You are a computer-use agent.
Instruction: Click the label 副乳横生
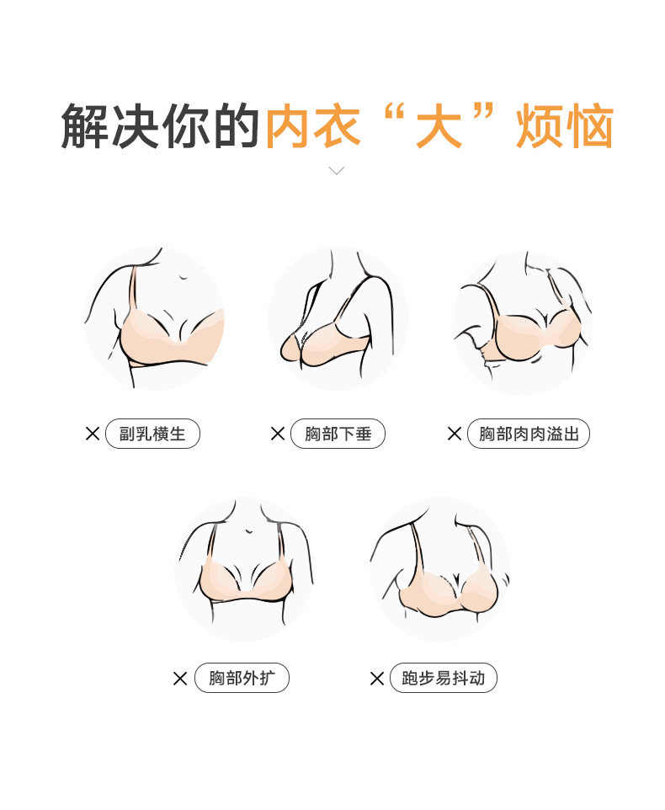point(152,434)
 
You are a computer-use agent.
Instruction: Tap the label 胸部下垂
point(338,434)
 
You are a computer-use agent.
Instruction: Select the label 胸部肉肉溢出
point(528,434)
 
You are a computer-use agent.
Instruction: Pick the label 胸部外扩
point(242,678)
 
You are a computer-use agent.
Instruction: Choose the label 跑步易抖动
point(443,678)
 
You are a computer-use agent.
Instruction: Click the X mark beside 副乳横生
point(93,434)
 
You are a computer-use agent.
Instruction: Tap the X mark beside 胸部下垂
point(278,434)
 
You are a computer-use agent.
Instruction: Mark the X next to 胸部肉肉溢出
point(455,434)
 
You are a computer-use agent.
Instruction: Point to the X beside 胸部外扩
point(180,679)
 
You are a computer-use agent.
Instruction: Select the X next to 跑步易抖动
point(377,679)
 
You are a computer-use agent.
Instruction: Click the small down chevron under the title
point(336,170)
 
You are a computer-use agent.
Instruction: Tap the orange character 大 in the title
point(439,126)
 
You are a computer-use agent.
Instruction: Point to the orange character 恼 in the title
point(589,126)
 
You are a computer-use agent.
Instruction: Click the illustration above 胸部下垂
point(338,318)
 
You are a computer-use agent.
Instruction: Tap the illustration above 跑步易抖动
point(440,569)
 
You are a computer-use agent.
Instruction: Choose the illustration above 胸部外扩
point(245,569)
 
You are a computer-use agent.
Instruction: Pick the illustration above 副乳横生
point(154,318)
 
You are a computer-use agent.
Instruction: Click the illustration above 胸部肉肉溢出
point(522,322)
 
